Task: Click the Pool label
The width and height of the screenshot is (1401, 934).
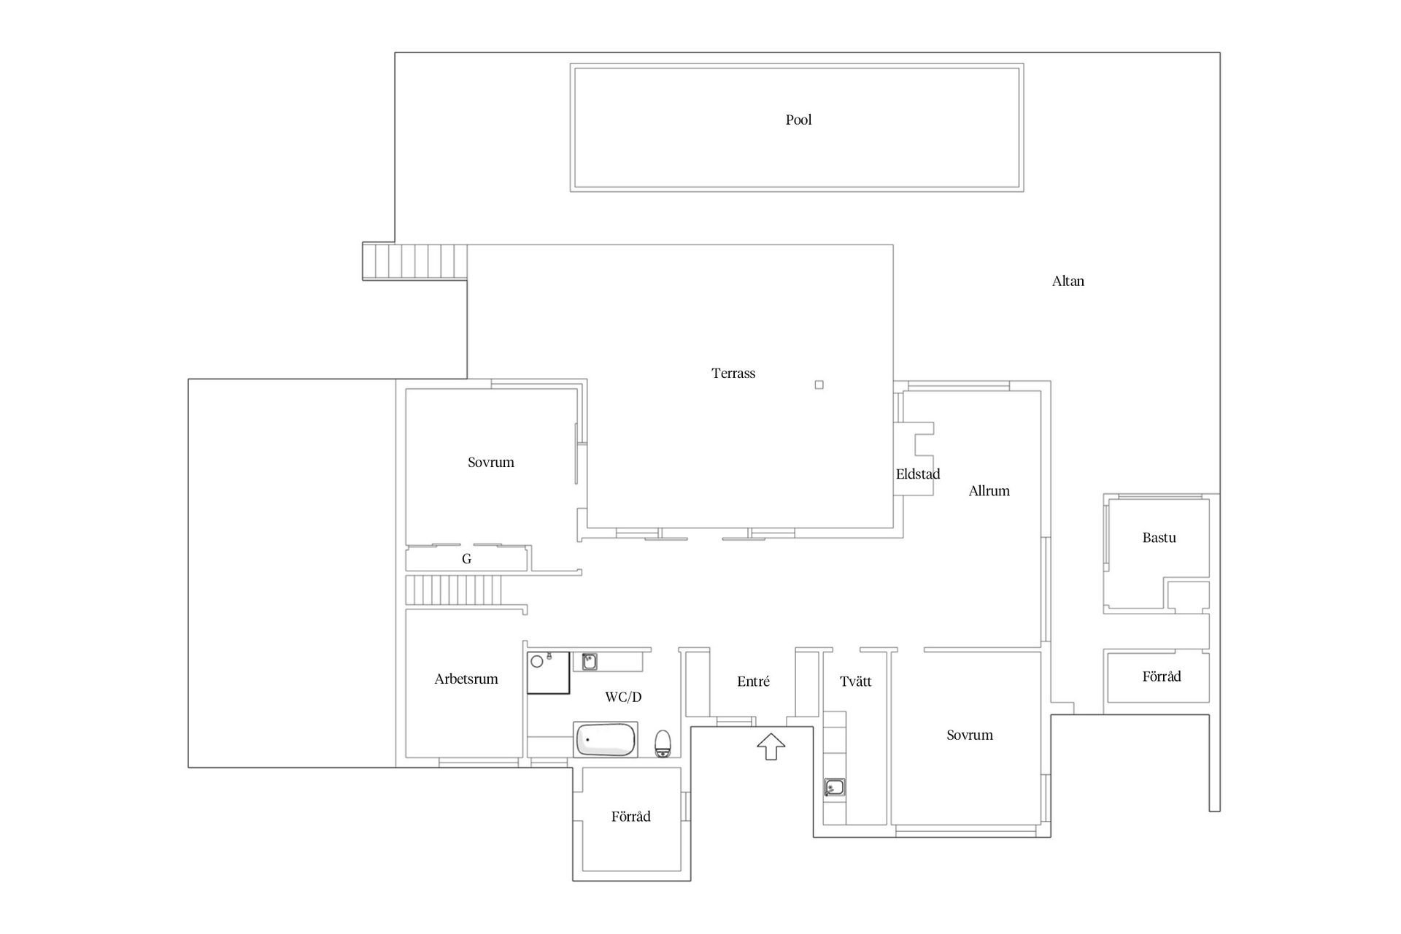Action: tap(798, 120)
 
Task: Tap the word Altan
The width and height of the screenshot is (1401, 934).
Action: tap(1068, 281)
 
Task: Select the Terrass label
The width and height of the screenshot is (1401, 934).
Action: tap(733, 373)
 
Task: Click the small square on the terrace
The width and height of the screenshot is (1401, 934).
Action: tap(819, 385)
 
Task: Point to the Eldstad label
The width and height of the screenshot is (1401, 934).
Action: tap(918, 474)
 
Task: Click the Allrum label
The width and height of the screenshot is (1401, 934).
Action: tap(989, 490)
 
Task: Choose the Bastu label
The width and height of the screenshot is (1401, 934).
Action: tap(1159, 538)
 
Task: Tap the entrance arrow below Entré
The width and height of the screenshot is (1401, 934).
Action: tap(771, 746)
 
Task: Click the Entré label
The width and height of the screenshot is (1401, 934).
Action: tap(753, 681)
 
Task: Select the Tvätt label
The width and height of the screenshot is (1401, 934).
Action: tap(855, 682)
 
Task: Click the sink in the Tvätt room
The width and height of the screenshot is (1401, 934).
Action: tap(834, 787)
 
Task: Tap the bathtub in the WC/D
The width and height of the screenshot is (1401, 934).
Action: tap(605, 740)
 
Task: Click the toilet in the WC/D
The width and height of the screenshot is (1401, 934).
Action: tap(663, 743)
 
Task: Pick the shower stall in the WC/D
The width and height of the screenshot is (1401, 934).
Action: tap(548, 672)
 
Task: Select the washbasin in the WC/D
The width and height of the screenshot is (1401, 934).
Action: tap(589, 662)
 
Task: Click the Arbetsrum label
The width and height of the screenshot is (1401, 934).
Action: tap(466, 679)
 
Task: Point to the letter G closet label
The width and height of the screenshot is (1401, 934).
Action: tap(466, 559)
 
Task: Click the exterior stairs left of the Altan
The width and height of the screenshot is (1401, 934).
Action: tap(415, 262)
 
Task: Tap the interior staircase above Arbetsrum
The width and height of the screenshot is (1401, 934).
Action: tap(455, 590)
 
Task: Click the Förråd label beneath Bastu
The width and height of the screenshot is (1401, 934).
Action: tap(1161, 676)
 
